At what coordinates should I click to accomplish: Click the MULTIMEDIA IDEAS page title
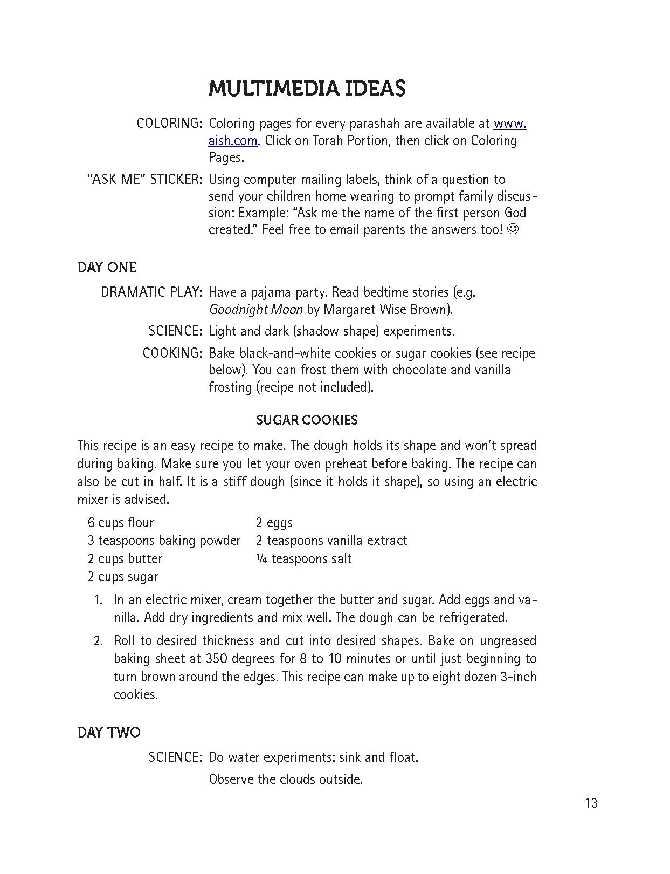(307, 89)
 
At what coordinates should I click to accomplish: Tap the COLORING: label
(169, 124)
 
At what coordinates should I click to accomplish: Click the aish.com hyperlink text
(233, 141)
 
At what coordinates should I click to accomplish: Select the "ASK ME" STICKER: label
(144, 180)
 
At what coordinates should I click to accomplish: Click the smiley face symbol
(514, 230)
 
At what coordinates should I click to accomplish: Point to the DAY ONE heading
(107, 268)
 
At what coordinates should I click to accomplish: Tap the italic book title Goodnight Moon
(255, 310)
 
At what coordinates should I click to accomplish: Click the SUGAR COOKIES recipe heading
(307, 420)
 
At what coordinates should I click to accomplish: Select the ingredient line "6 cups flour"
(121, 523)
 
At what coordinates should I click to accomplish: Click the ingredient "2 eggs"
(274, 523)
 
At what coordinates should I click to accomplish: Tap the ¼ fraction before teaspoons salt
(261, 559)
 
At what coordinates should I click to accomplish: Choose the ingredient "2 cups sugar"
(123, 577)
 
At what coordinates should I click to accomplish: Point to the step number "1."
(98, 600)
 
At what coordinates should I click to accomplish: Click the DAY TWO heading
(109, 733)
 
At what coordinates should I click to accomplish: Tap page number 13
(591, 803)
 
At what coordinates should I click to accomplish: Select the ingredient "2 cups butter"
(125, 559)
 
